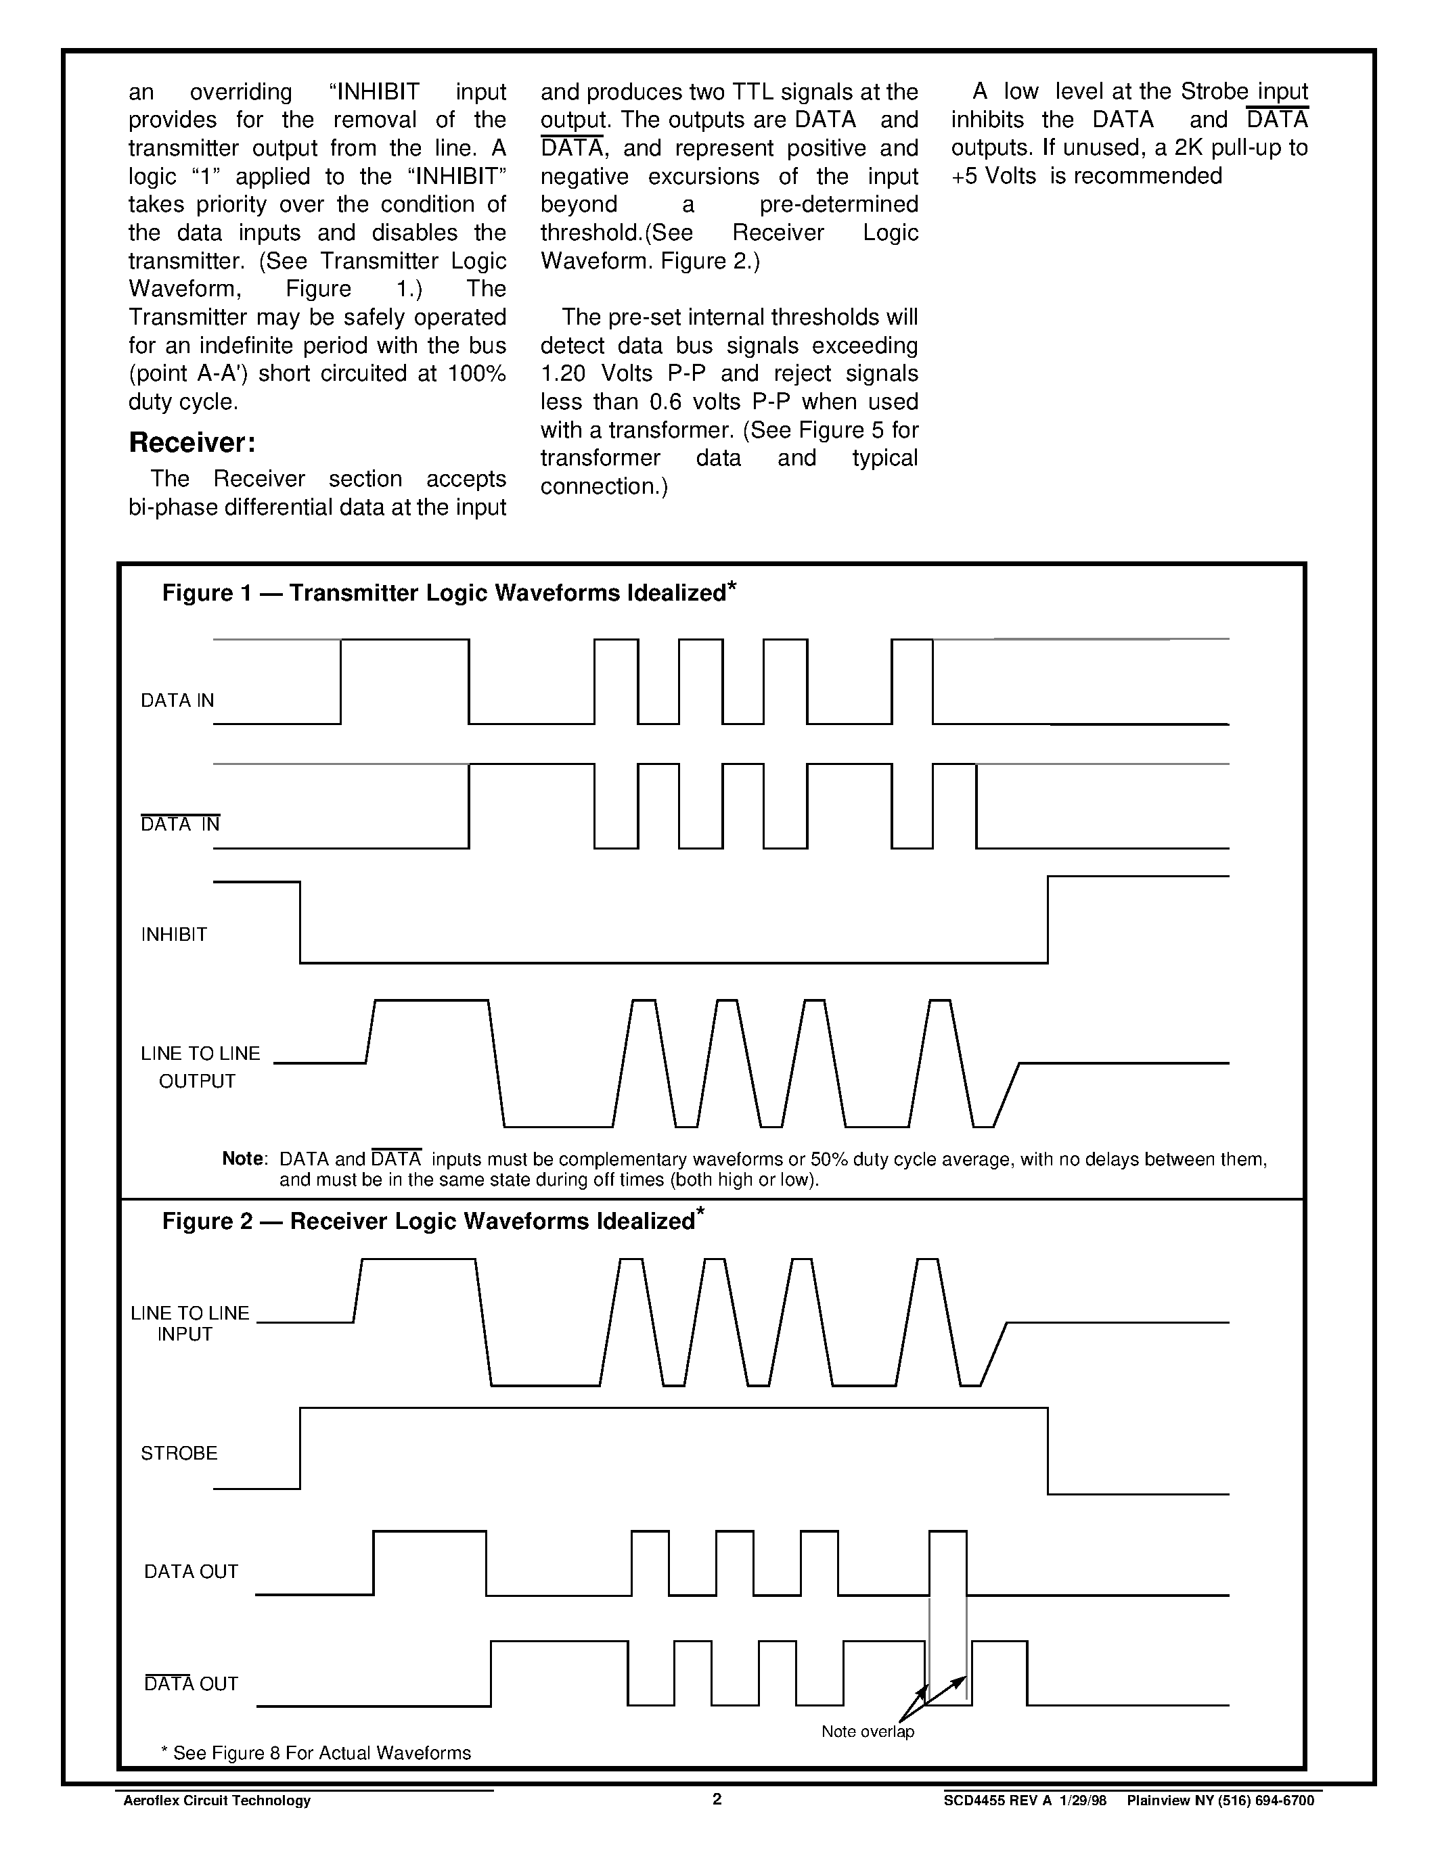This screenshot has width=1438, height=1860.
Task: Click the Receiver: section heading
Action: click(x=192, y=443)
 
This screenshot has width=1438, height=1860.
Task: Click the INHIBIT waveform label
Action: click(x=174, y=934)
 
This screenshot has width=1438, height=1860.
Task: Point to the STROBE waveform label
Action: click(x=179, y=1453)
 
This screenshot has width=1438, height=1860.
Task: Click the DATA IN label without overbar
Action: click(x=177, y=700)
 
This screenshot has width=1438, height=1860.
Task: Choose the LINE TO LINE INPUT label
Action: click(x=189, y=1324)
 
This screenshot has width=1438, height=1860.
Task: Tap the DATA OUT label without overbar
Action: click(x=191, y=1571)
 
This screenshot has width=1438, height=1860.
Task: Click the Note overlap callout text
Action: click(x=868, y=1731)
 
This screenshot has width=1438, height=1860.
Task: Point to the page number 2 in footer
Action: click(x=717, y=1798)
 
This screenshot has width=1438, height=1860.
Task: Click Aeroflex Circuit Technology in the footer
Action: click(x=217, y=1800)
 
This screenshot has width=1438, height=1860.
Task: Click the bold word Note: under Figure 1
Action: click(x=244, y=1158)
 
